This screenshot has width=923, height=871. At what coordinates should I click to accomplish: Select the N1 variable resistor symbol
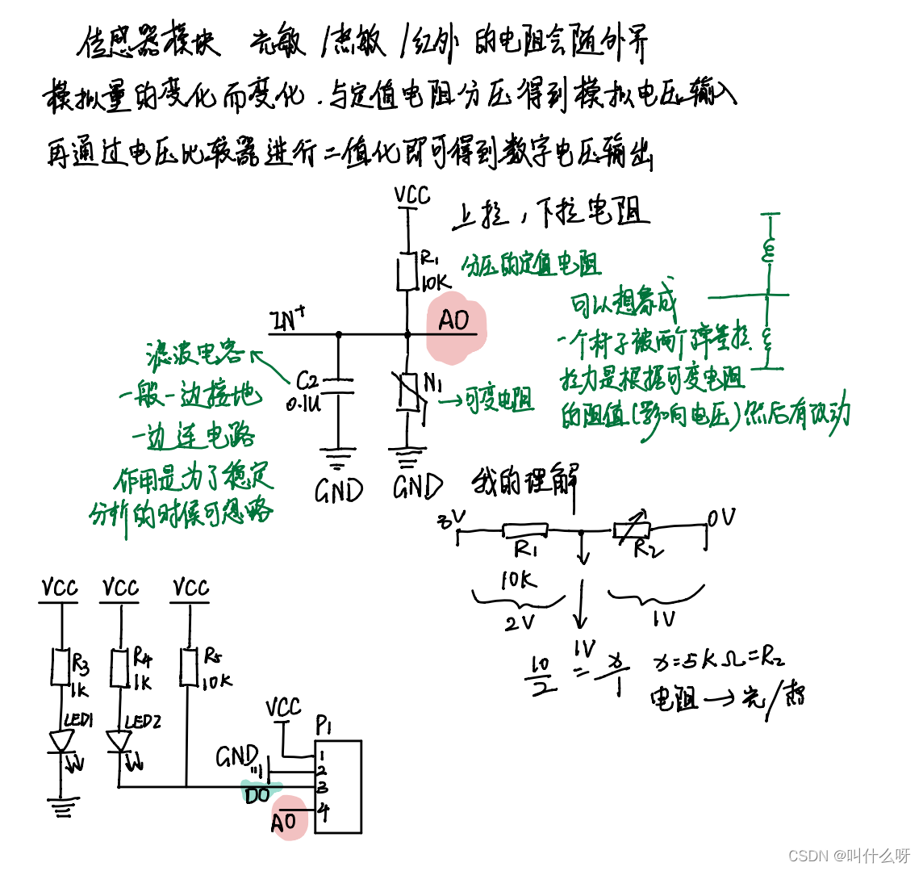[410, 394]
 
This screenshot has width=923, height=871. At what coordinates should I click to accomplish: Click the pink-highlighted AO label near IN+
[454, 320]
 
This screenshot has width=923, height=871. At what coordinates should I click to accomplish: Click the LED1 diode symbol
[61, 740]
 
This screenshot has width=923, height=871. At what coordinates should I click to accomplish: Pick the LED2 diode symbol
[120, 740]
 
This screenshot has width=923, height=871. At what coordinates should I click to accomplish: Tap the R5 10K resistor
[190, 668]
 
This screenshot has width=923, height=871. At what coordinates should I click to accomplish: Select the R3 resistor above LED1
[61, 668]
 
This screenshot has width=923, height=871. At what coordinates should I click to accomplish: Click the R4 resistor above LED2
[120, 668]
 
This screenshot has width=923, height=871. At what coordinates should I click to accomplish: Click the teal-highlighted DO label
[258, 795]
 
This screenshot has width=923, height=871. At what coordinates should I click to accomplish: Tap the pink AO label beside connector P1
[283, 823]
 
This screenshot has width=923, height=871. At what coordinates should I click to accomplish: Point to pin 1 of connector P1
[321, 755]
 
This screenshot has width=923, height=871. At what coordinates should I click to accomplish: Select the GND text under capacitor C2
[339, 491]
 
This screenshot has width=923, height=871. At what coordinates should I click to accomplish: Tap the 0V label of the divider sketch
[721, 517]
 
